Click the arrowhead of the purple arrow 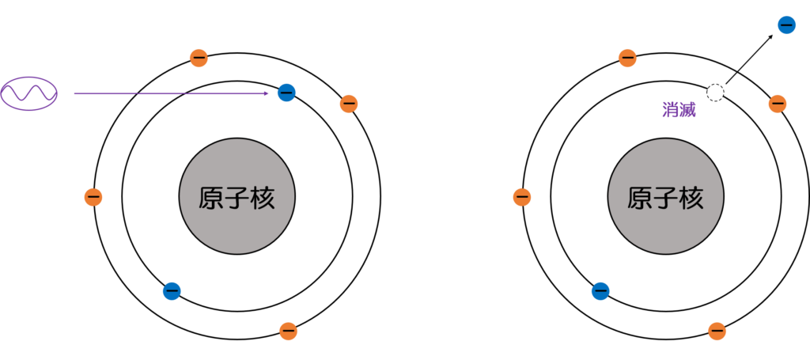268,93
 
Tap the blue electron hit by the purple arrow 286,93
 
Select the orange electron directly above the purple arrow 199,58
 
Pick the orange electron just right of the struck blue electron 349,104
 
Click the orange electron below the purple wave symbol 93,197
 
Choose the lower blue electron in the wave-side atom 172,291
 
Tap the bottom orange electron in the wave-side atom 289,331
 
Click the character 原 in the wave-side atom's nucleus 212,198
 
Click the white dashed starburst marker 715,93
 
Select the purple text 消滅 679,110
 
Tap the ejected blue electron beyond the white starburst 786,25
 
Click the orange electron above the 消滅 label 627,58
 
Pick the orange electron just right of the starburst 778,104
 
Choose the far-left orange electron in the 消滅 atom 522,197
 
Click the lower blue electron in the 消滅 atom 600,291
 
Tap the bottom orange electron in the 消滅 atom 717,331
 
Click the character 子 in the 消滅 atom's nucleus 666,198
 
